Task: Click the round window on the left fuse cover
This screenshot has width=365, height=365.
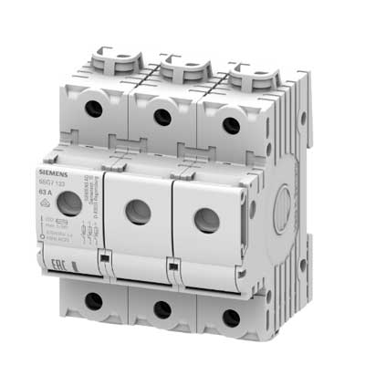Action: pyautogui.click(x=69, y=203)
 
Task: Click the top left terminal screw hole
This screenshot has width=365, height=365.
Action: pyautogui.click(x=94, y=109)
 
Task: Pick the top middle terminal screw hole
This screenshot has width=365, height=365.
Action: pyautogui.click(x=162, y=116)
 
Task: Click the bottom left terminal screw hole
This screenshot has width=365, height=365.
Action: pyautogui.click(x=94, y=300)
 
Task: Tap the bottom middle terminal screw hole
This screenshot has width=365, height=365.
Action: pyautogui.click(x=162, y=310)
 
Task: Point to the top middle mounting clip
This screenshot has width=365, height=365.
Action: pyautogui.click(x=178, y=69)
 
